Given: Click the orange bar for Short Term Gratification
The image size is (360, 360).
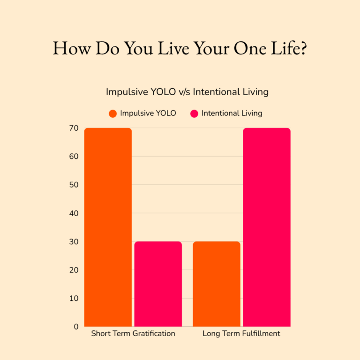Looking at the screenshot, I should pyautogui.click(x=108, y=227).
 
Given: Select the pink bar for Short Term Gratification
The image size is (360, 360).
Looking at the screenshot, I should pyautogui.click(x=158, y=284).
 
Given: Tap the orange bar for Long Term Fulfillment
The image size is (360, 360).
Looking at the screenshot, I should pyautogui.click(x=217, y=284).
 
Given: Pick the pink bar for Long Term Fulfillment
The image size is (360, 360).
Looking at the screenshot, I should pyautogui.click(x=267, y=227).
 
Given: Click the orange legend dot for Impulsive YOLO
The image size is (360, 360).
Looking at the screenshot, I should pyautogui.click(x=112, y=113).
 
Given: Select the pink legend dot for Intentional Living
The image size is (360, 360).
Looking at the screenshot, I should pyautogui.click(x=194, y=113).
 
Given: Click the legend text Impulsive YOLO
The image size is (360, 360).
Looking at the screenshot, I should pyautogui.click(x=148, y=113).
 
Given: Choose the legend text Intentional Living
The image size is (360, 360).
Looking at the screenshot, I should pyautogui.click(x=232, y=113).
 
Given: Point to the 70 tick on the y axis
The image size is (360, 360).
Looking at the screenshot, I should pyautogui.click(x=74, y=127).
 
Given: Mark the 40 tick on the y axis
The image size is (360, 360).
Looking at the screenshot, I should pyautogui.click(x=74, y=213).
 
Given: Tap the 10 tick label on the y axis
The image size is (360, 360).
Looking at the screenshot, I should pyautogui.click(x=74, y=298).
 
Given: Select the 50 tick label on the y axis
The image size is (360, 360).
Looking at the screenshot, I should pyautogui.click(x=74, y=185).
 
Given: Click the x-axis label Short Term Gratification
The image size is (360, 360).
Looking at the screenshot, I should pyautogui.click(x=133, y=334).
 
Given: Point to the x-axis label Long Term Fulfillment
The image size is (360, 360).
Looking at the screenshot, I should pyautogui.click(x=241, y=334).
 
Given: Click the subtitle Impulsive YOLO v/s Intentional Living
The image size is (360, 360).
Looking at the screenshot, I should pyautogui.click(x=187, y=92).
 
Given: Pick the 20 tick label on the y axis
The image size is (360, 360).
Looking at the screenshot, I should pyautogui.click(x=74, y=270).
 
